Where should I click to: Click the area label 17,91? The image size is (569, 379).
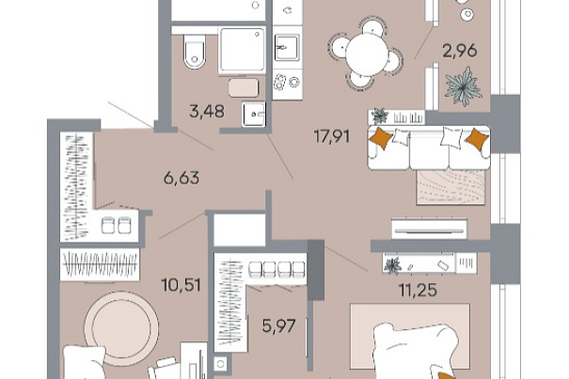coord(332,137)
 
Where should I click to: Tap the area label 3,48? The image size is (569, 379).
coord(207,111)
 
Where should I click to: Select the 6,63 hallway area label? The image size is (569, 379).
coord(182,178)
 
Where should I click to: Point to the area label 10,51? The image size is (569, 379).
coord(182,285)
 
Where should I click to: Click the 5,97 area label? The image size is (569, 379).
coord(279,325)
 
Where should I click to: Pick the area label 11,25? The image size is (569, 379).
coord(418,290)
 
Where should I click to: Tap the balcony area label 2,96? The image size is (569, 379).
coord(460,51)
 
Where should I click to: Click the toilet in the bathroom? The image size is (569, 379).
coord(195,52)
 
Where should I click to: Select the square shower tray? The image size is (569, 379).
coord(243,51)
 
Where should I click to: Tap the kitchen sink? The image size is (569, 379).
coord(287,48)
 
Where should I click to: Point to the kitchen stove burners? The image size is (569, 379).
coord(287,82)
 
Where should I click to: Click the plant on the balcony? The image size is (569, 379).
coord(464,87)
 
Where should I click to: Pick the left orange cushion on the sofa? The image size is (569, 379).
coord(381,138)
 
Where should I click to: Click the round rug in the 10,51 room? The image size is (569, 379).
coord(121,328)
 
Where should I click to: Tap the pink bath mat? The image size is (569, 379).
coord(244,87)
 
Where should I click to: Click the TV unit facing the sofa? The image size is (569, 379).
coord(429,229)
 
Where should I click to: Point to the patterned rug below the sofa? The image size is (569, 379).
coord(451,186)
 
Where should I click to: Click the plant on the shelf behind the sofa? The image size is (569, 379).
coord(380,117)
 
